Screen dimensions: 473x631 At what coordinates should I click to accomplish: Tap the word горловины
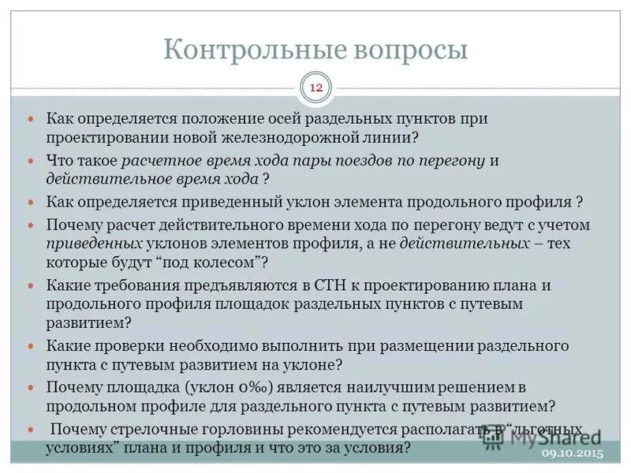(x=244, y=430)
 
